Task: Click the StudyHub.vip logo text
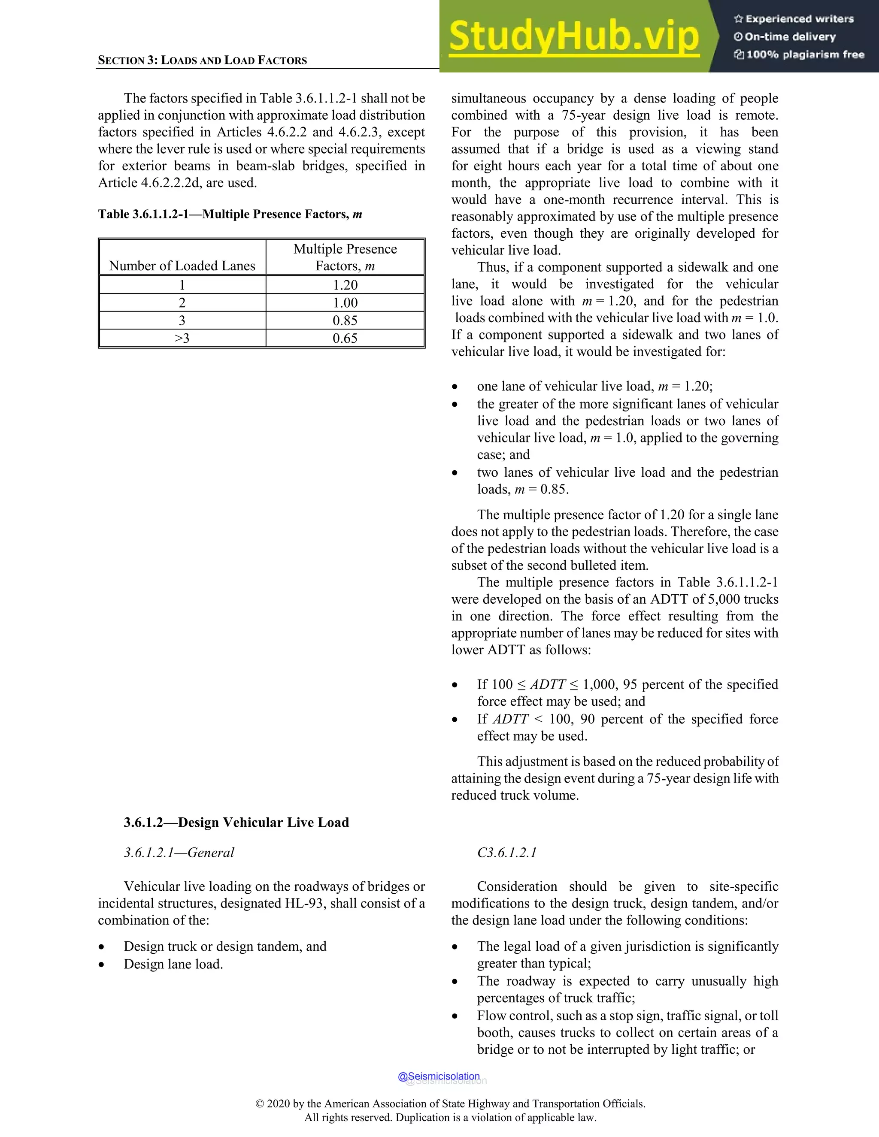[x=574, y=36]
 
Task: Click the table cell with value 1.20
[x=345, y=285]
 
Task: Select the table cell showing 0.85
[x=345, y=320]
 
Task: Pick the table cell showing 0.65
[x=345, y=338]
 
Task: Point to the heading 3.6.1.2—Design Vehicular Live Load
[x=236, y=822]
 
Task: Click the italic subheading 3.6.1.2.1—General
[x=179, y=852]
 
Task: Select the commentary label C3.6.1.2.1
[x=507, y=852]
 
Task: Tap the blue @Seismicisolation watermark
[x=439, y=1076]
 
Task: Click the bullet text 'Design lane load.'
[x=173, y=964]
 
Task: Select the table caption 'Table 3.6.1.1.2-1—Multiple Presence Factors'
[x=230, y=214]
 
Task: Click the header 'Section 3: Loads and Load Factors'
[x=202, y=60]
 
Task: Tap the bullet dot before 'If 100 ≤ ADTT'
[x=455, y=685]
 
